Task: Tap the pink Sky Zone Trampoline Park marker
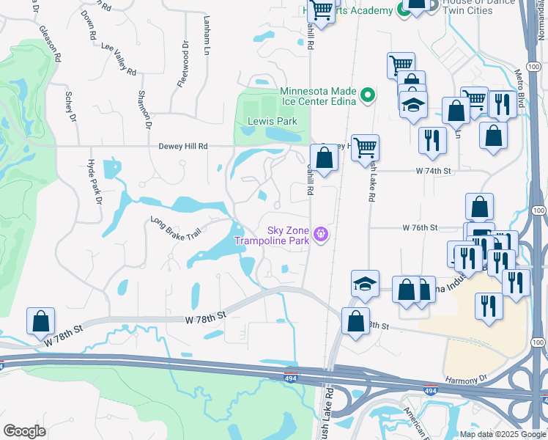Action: tap(319, 235)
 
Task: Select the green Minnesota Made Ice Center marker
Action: tap(368, 95)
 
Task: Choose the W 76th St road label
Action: tap(420, 227)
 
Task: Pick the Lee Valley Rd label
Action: tap(119, 58)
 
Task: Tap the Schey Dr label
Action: tap(71, 106)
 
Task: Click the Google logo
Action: tap(25, 431)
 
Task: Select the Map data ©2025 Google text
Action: tap(502, 433)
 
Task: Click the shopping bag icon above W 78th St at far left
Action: tap(40, 320)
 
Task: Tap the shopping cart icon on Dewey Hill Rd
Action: tap(365, 147)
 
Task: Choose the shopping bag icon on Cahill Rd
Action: tap(324, 157)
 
